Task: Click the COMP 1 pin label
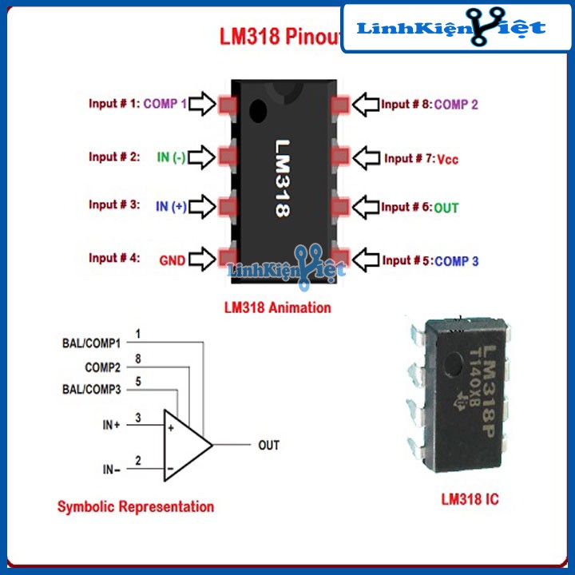point(165,104)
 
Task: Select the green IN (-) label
point(171,157)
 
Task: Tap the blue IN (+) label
point(171,206)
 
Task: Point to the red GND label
point(172,260)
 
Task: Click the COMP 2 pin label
point(456,104)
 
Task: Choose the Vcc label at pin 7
point(447,159)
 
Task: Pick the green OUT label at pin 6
point(446,208)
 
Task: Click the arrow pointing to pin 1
point(202,104)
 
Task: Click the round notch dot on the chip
point(256,109)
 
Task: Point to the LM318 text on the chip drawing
point(284,179)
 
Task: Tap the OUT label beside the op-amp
point(269,445)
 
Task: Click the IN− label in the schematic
point(111,470)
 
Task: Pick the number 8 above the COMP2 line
point(138,358)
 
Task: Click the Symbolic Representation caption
point(136,506)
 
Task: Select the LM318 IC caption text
point(470,500)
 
